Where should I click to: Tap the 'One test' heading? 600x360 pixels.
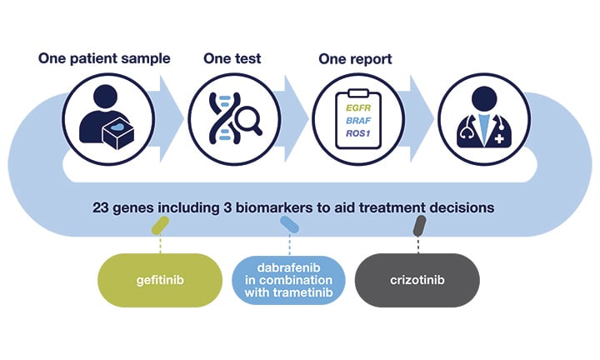coord(233,59)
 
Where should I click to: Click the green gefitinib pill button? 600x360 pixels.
coord(159,280)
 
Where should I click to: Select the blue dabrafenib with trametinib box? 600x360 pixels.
coord(288,280)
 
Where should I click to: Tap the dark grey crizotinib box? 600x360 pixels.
coord(417,280)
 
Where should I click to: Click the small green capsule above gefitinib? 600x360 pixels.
coord(159,224)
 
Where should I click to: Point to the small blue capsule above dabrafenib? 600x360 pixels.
coord(289,224)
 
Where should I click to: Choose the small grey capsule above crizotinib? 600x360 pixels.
coord(419,224)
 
